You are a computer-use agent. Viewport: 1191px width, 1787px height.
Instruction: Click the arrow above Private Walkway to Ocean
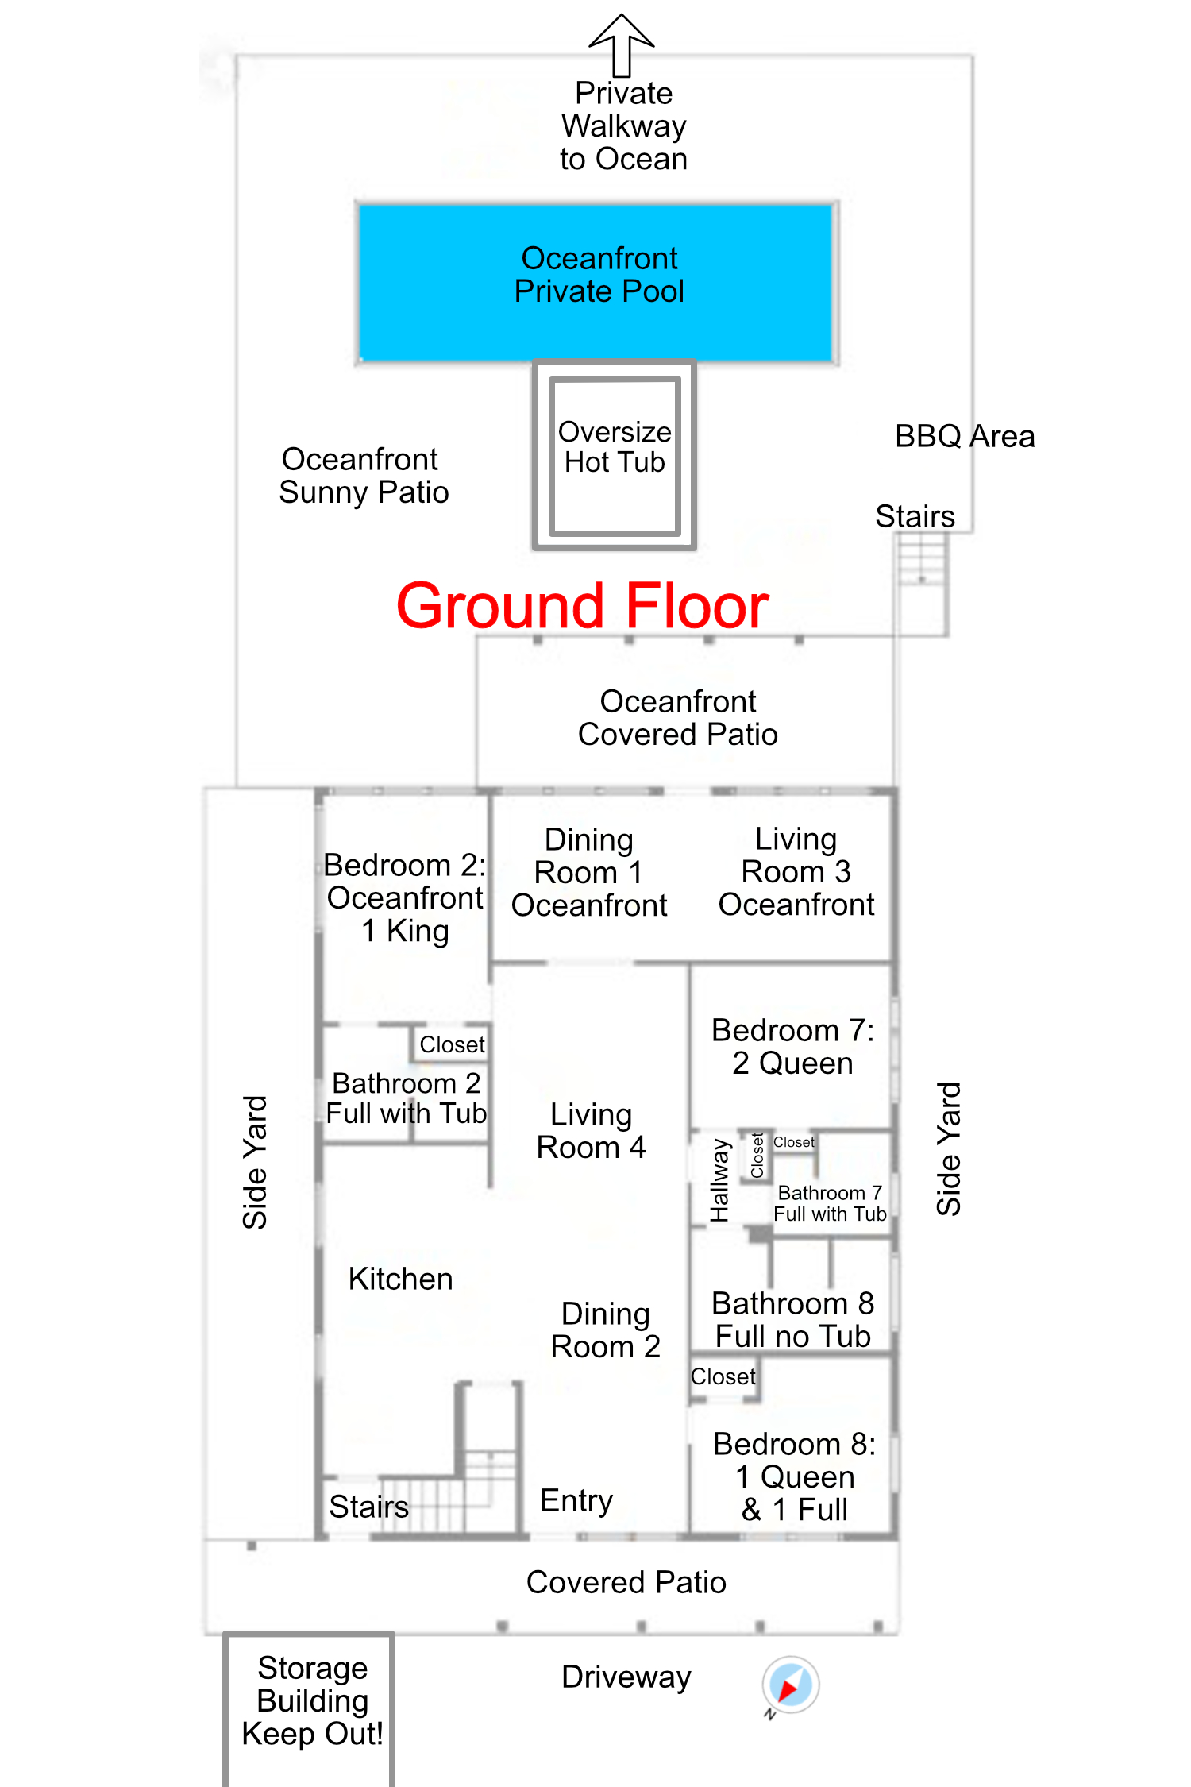[622, 44]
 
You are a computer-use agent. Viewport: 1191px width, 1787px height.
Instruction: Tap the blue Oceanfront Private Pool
[596, 283]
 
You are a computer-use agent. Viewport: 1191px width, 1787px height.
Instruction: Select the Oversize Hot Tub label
[615, 446]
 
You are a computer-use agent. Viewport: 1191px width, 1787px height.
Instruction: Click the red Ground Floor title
[582, 606]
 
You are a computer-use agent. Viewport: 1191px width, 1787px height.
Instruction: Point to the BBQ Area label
[965, 436]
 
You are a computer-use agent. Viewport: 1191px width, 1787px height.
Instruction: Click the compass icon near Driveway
[791, 1685]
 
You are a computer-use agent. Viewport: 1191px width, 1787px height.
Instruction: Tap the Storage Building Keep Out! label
[312, 1700]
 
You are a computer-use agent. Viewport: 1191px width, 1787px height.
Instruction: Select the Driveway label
[626, 1677]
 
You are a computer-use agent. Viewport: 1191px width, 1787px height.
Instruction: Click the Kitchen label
[400, 1279]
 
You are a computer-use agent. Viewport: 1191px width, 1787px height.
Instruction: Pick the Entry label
[576, 1501]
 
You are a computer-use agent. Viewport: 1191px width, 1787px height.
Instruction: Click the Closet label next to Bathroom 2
[452, 1044]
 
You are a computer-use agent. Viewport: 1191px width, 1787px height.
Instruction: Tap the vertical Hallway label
[719, 1180]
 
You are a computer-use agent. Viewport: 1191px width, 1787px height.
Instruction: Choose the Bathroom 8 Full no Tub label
[792, 1320]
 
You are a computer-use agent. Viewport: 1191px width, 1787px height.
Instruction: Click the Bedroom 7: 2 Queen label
[792, 1047]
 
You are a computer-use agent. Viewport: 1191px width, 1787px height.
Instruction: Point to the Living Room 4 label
[591, 1131]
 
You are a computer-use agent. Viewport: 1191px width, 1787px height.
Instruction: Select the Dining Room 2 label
[605, 1330]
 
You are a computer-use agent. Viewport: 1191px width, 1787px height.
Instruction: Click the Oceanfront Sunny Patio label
[364, 476]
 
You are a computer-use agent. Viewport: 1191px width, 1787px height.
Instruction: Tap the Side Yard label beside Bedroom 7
[949, 1148]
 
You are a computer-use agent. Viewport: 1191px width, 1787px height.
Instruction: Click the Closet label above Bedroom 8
[723, 1376]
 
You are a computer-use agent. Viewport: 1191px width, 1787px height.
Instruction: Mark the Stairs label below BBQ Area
[915, 516]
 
